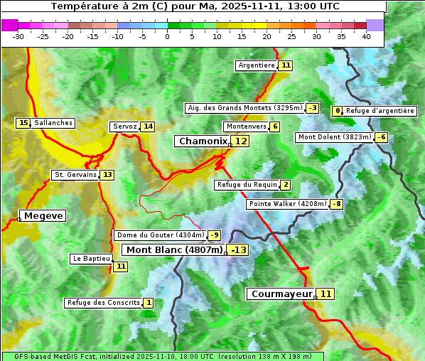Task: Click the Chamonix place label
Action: coord(203,141)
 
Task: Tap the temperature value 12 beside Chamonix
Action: coord(242,141)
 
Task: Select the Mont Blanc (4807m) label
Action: coord(174,250)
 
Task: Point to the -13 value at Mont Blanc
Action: coord(238,250)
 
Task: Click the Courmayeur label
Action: coord(281,293)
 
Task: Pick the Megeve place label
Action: coord(43,215)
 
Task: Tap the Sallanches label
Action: coord(53,123)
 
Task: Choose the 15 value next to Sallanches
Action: coord(23,123)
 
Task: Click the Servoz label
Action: coord(124,126)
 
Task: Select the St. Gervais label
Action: coord(75,175)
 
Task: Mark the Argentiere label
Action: coord(257,65)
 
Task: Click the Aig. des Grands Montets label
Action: coord(244,108)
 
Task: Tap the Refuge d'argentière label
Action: coord(380,111)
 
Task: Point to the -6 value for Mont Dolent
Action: coord(382,137)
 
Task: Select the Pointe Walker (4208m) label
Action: coord(287,204)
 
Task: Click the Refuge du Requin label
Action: coord(247,185)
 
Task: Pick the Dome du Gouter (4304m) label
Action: coord(160,235)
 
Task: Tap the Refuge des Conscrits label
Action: coord(103,303)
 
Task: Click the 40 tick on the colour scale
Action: coord(366,36)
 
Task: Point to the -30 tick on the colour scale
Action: coord(18,36)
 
